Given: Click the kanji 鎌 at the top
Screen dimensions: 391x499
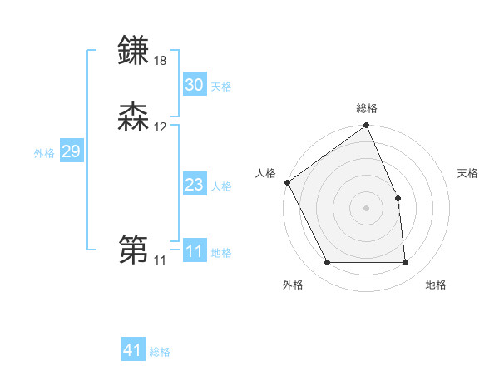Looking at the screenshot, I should pos(134,51).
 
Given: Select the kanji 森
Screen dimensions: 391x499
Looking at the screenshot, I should pos(134,117).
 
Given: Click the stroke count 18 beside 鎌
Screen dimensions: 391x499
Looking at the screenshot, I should pos(161,61).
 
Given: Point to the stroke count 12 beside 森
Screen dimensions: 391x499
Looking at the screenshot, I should pos(161,127).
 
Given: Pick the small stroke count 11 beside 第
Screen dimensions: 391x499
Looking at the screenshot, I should pos(160,260).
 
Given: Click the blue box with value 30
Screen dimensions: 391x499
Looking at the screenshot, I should pos(195,85).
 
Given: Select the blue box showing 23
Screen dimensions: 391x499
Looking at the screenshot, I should pos(195,185).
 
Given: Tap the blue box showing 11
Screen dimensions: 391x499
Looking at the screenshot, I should pos(195,251).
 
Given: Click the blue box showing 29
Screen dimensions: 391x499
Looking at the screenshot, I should pos(72,151).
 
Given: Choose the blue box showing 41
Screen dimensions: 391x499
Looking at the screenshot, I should pos(133,350).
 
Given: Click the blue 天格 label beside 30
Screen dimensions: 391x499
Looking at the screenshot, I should pos(221,87).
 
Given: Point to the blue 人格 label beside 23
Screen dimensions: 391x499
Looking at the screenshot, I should pos(221,186).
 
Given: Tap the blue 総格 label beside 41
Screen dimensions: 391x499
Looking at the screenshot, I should pos(160,352).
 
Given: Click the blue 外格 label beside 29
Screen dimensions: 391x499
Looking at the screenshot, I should pos(44,153).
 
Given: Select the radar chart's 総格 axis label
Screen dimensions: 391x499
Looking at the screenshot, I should pos(367,108).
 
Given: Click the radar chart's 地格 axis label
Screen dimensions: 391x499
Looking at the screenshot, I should pos(436,285).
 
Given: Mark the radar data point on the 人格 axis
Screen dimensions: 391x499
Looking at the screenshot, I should pos(287,182).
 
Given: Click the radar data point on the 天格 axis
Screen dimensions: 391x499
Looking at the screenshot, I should pos(398,198).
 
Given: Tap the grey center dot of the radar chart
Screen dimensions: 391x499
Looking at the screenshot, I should pos(367,208).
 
